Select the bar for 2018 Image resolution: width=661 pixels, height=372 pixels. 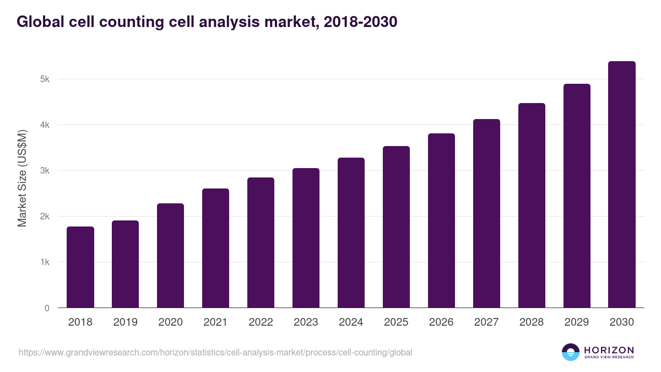pos(80,267)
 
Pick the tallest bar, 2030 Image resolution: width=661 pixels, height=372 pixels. pos(622,185)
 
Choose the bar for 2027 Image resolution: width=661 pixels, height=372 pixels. pos(486,213)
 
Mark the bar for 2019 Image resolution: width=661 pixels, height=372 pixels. pos(126,264)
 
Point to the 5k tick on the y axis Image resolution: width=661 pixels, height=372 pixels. pos(45,79)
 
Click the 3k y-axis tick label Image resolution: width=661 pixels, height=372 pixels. pos(45,171)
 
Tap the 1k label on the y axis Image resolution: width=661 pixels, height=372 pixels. pos(45,262)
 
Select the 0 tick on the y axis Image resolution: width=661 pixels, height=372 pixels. pos(47,308)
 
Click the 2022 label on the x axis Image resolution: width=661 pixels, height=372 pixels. pos(261,322)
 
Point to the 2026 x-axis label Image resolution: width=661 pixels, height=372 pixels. pos(441,322)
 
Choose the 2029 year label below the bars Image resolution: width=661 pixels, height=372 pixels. pos(577,322)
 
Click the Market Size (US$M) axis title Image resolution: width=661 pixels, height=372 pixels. pos(22,178)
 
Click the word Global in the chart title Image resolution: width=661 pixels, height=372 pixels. pos(39,22)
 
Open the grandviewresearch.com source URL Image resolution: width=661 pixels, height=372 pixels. pos(215,352)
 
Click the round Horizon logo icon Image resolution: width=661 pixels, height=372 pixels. pos(571,352)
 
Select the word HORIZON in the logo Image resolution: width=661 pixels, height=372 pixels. pos(609,350)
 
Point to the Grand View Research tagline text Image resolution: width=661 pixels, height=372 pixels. pos(609,358)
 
